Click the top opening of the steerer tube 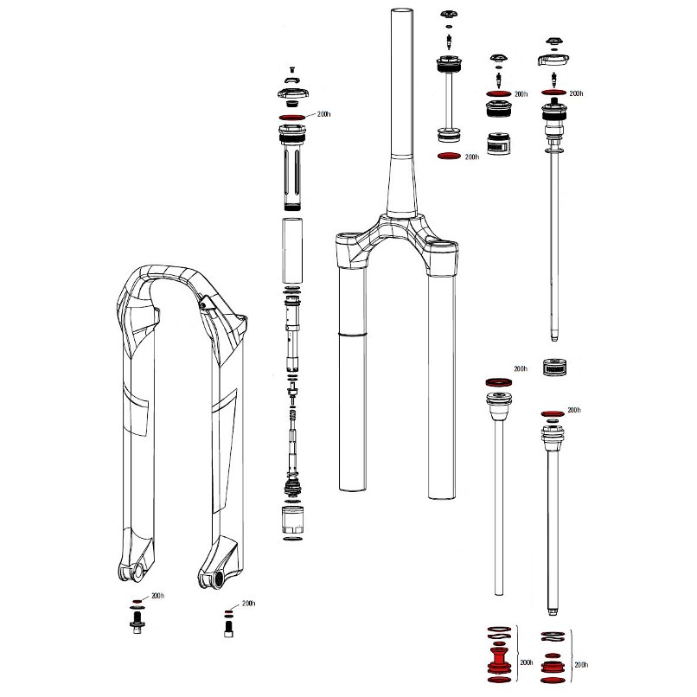(402, 10)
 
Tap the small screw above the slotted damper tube (292, 69)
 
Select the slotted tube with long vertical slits (292, 168)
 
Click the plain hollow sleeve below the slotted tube (292, 250)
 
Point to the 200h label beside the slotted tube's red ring (323, 114)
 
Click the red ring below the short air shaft (449, 156)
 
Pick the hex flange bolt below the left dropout (137, 622)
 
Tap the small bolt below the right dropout (228, 629)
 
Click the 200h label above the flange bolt (157, 596)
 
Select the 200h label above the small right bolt (248, 604)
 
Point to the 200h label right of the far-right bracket (581, 664)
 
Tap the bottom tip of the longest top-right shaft (553, 340)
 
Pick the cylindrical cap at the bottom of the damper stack (292, 519)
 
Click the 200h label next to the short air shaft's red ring (471, 157)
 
